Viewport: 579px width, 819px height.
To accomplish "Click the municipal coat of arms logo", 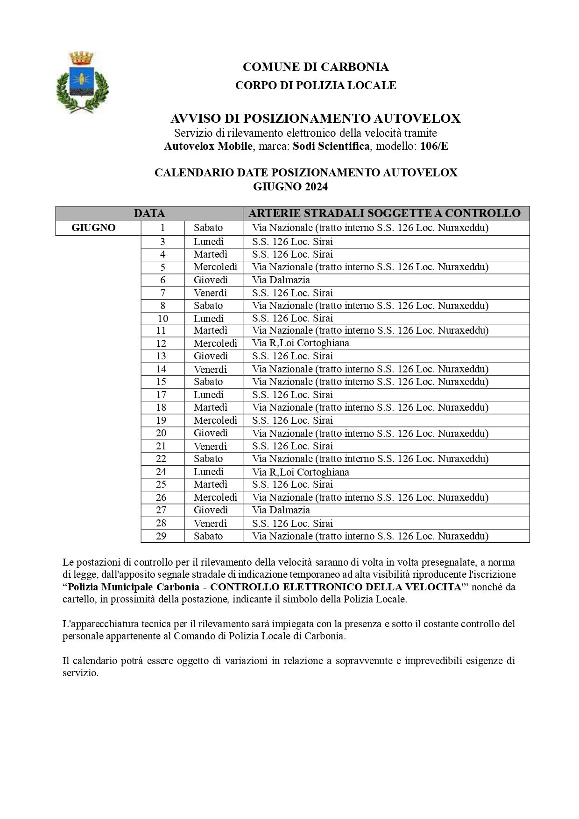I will pyautogui.click(x=82, y=82).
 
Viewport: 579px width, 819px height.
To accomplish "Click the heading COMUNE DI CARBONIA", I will pyautogui.click(x=316, y=67).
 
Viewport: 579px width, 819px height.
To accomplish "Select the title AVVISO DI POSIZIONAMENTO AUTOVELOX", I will pyautogui.click(x=316, y=119).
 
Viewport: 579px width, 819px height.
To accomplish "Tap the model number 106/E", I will pyautogui.click(x=434, y=146).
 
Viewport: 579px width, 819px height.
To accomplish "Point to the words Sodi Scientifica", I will pyautogui.click(x=331, y=146).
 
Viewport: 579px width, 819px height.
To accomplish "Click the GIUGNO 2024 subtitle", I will pyautogui.click(x=290, y=187).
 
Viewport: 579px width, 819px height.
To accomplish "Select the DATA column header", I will pyautogui.click(x=149, y=214).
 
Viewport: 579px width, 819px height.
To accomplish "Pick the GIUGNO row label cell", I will pyautogui.click(x=94, y=228).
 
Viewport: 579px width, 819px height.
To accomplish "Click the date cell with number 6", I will pyautogui.click(x=162, y=280).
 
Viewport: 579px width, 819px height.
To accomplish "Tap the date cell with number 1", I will pyautogui.click(x=162, y=228).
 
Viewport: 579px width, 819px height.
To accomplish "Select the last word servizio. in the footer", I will pyautogui.click(x=81, y=673).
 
